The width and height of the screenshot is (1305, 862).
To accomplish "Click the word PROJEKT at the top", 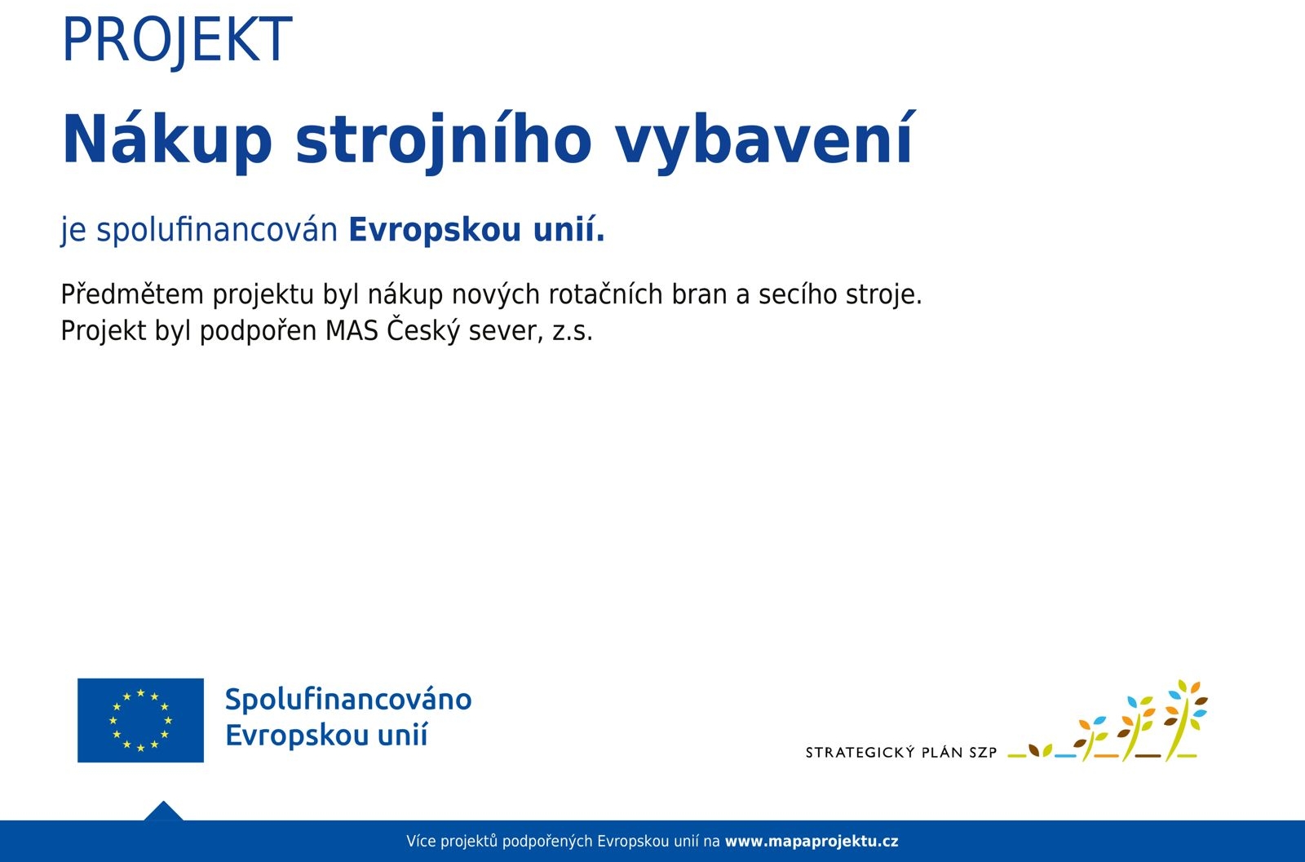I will (176, 40).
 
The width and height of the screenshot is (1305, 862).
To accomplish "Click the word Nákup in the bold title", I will (166, 139).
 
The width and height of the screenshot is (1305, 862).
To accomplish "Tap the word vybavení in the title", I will (764, 139).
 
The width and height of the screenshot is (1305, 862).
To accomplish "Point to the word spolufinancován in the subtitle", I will (217, 230).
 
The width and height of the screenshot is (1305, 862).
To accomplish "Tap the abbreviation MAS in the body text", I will (352, 331).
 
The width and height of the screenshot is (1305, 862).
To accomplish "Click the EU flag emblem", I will (140, 720).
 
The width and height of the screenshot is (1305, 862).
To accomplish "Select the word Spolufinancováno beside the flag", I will (348, 700).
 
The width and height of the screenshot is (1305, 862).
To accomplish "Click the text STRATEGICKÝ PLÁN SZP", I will (900, 753).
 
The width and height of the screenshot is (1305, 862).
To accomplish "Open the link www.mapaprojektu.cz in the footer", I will (811, 842).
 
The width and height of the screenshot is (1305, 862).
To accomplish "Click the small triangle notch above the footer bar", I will (163, 812).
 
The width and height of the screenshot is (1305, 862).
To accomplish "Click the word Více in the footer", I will (421, 842).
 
